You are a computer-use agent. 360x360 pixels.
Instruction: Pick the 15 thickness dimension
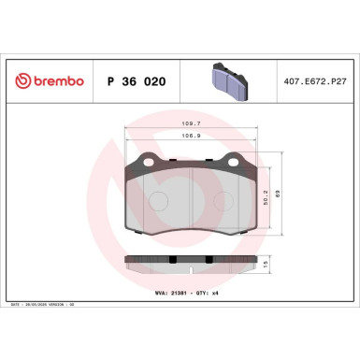(270, 266)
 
